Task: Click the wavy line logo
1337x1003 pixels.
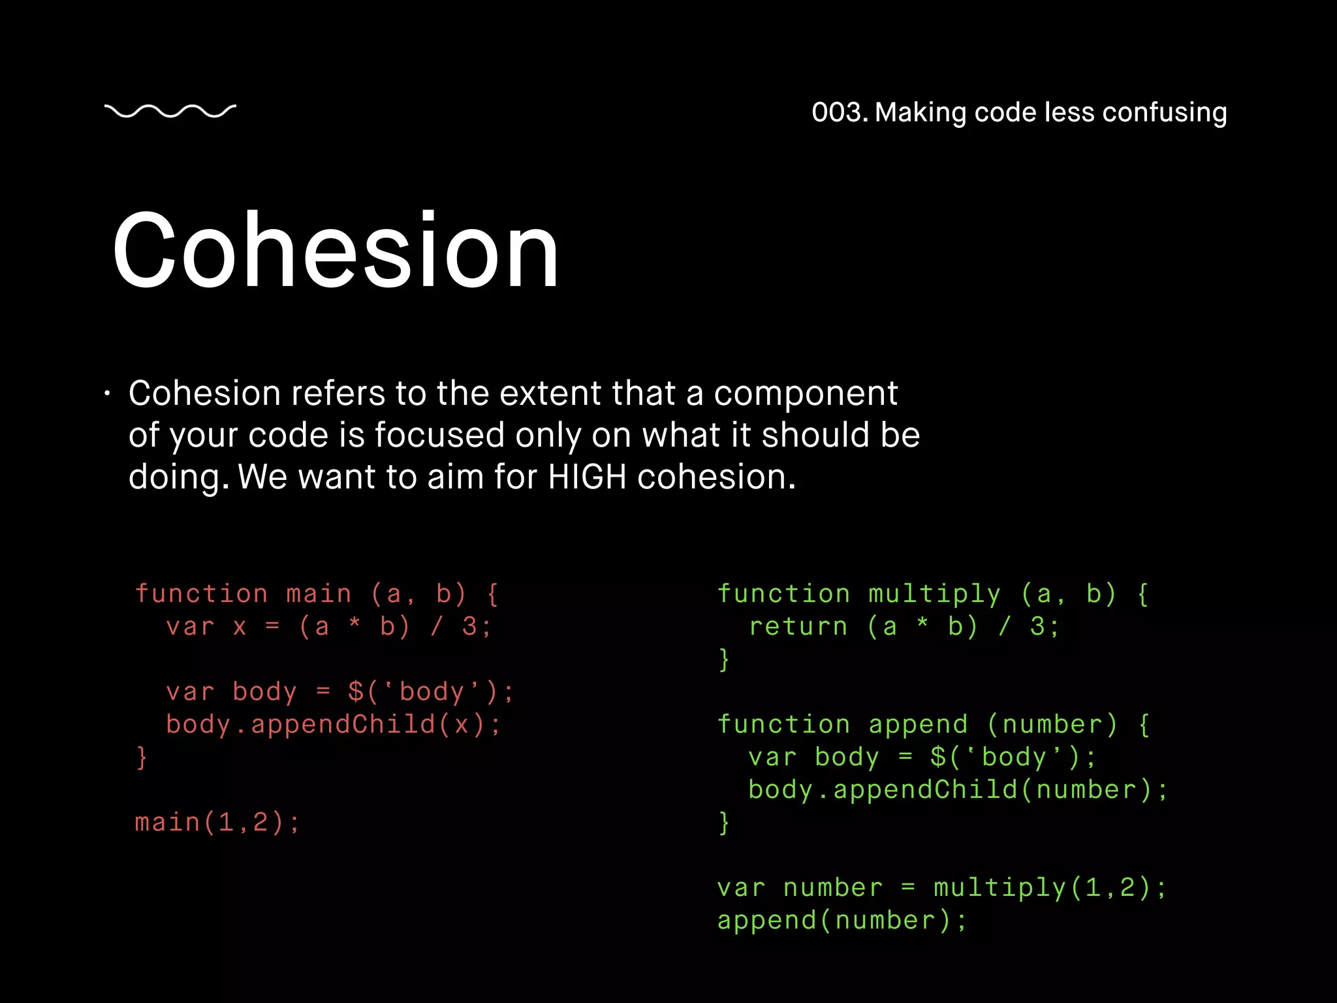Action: [x=170, y=112]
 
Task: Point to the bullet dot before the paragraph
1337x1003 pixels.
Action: [x=108, y=394]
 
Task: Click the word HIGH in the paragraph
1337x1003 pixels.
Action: [x=587, y=477]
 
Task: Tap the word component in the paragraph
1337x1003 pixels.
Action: [x=806, y=394]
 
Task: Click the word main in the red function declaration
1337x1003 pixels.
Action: [x=319, y=594]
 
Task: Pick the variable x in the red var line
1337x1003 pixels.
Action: [x=240, y=627]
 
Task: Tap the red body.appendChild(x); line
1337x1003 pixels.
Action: [x=333, y=725]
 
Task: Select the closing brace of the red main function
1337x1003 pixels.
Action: [x=142, y=757]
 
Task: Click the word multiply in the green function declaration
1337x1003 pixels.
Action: [x=934, y=594]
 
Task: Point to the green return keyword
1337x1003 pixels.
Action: [x=798, y=627]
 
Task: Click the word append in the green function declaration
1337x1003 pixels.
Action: [x=918, y=725]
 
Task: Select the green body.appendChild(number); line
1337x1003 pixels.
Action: [x=957, y=790]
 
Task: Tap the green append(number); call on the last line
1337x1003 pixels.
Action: [x=842, y=921]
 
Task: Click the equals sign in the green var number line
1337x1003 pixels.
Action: [x=907, y=888]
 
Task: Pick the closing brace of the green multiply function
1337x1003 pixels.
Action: [x=723, y=660]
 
